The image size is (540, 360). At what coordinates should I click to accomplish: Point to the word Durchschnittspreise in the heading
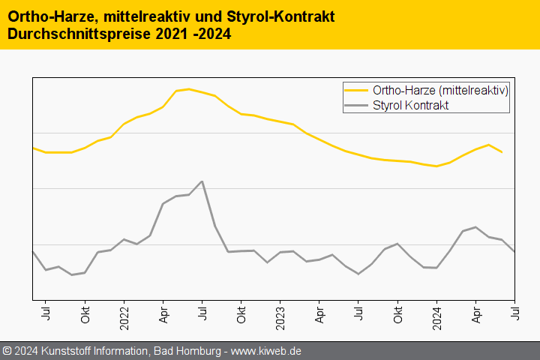pyautogui.click(x=81, y=34)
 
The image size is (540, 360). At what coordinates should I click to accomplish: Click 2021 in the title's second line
pyautogui.click(x=178, y=34)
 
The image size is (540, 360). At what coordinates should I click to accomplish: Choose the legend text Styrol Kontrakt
pyautogui.click(x=410, y=105)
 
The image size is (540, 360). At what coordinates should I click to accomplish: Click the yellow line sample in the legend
pyautogui.click(x=356, y=90)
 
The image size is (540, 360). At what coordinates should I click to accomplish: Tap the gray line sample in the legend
pyautogui.click(x=356, y=105)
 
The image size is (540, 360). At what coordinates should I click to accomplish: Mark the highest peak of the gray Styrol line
pyautogui.click(x=202, y=181)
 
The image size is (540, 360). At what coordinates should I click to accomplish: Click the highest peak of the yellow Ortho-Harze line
pyautogui.click(x=188, y=88)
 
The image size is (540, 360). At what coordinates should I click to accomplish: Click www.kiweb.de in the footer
pyautogui.click(x=266, y=351)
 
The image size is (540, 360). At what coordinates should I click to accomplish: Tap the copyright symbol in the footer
pyautogui.click(x=7, y=351)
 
